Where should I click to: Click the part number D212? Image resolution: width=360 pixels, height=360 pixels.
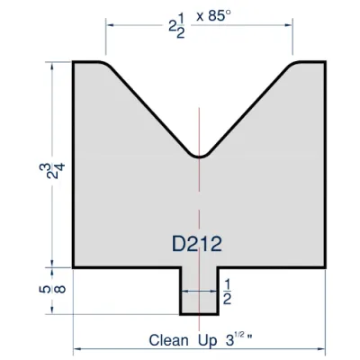[196, 243]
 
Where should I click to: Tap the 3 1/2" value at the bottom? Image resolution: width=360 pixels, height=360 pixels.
[238, 339]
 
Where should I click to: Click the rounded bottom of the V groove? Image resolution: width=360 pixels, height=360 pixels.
[199, 157]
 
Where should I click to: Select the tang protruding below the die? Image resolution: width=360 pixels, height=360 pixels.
[199, 292]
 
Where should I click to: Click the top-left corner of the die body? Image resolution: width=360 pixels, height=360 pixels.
[74, 63]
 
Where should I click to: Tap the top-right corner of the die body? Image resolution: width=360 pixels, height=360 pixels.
[324, 63]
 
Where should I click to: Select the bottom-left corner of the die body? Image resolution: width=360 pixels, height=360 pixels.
[74, 267]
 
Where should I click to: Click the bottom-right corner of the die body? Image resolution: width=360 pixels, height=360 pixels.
[324, 267]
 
